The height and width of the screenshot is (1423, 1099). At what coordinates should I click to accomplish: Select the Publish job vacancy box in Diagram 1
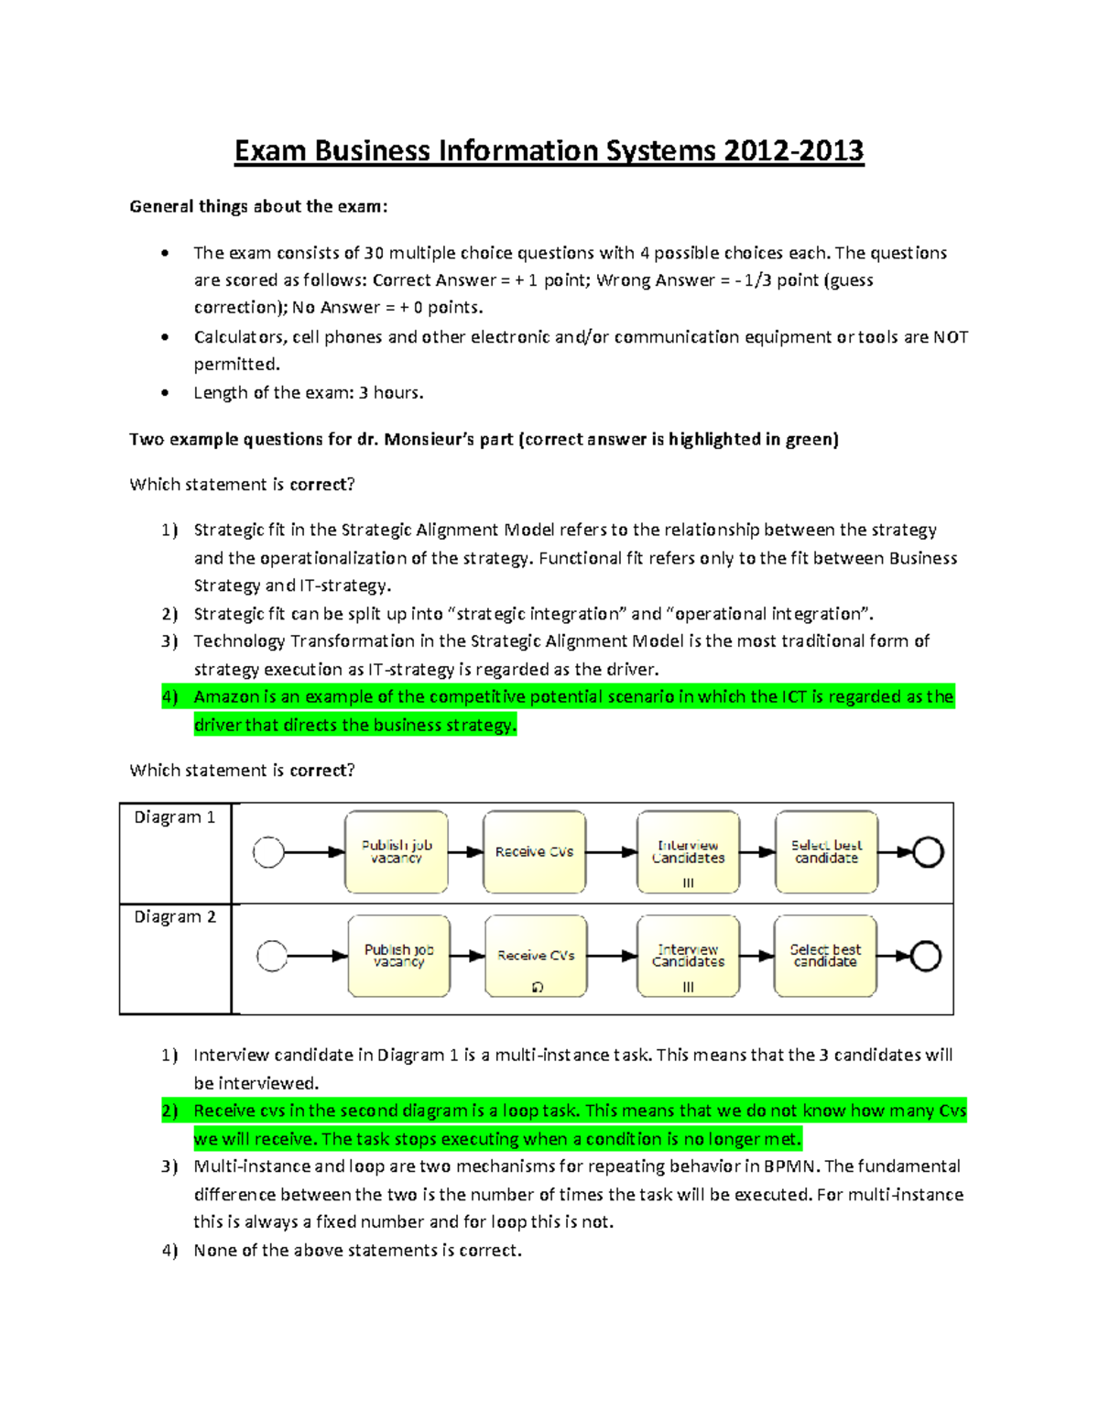396,851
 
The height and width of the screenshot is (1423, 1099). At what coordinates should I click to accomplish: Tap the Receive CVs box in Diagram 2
536,956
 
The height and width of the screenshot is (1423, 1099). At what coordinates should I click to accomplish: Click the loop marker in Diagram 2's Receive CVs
538,987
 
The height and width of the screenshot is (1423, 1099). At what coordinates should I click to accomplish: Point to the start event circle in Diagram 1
268,852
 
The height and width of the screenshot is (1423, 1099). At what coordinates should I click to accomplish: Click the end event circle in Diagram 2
925,956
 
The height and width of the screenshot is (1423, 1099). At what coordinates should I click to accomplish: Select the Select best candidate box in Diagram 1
826,851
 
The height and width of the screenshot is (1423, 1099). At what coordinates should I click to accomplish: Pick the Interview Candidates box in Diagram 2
688,956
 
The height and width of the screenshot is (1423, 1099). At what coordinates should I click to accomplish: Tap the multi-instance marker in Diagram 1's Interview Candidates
688,883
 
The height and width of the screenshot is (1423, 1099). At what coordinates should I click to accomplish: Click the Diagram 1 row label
175,817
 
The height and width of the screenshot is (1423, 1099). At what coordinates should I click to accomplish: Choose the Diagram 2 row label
175,917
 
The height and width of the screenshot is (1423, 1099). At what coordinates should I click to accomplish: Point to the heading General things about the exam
258,206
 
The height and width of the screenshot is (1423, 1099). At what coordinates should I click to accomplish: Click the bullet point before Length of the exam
165,393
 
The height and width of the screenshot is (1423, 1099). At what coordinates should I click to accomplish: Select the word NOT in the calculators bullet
951,337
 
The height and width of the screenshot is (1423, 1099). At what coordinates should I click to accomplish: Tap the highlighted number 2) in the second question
169,1111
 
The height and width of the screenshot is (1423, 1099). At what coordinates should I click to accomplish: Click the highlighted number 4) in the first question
169,697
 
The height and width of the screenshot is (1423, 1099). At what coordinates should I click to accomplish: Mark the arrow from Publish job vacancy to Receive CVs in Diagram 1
465,852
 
